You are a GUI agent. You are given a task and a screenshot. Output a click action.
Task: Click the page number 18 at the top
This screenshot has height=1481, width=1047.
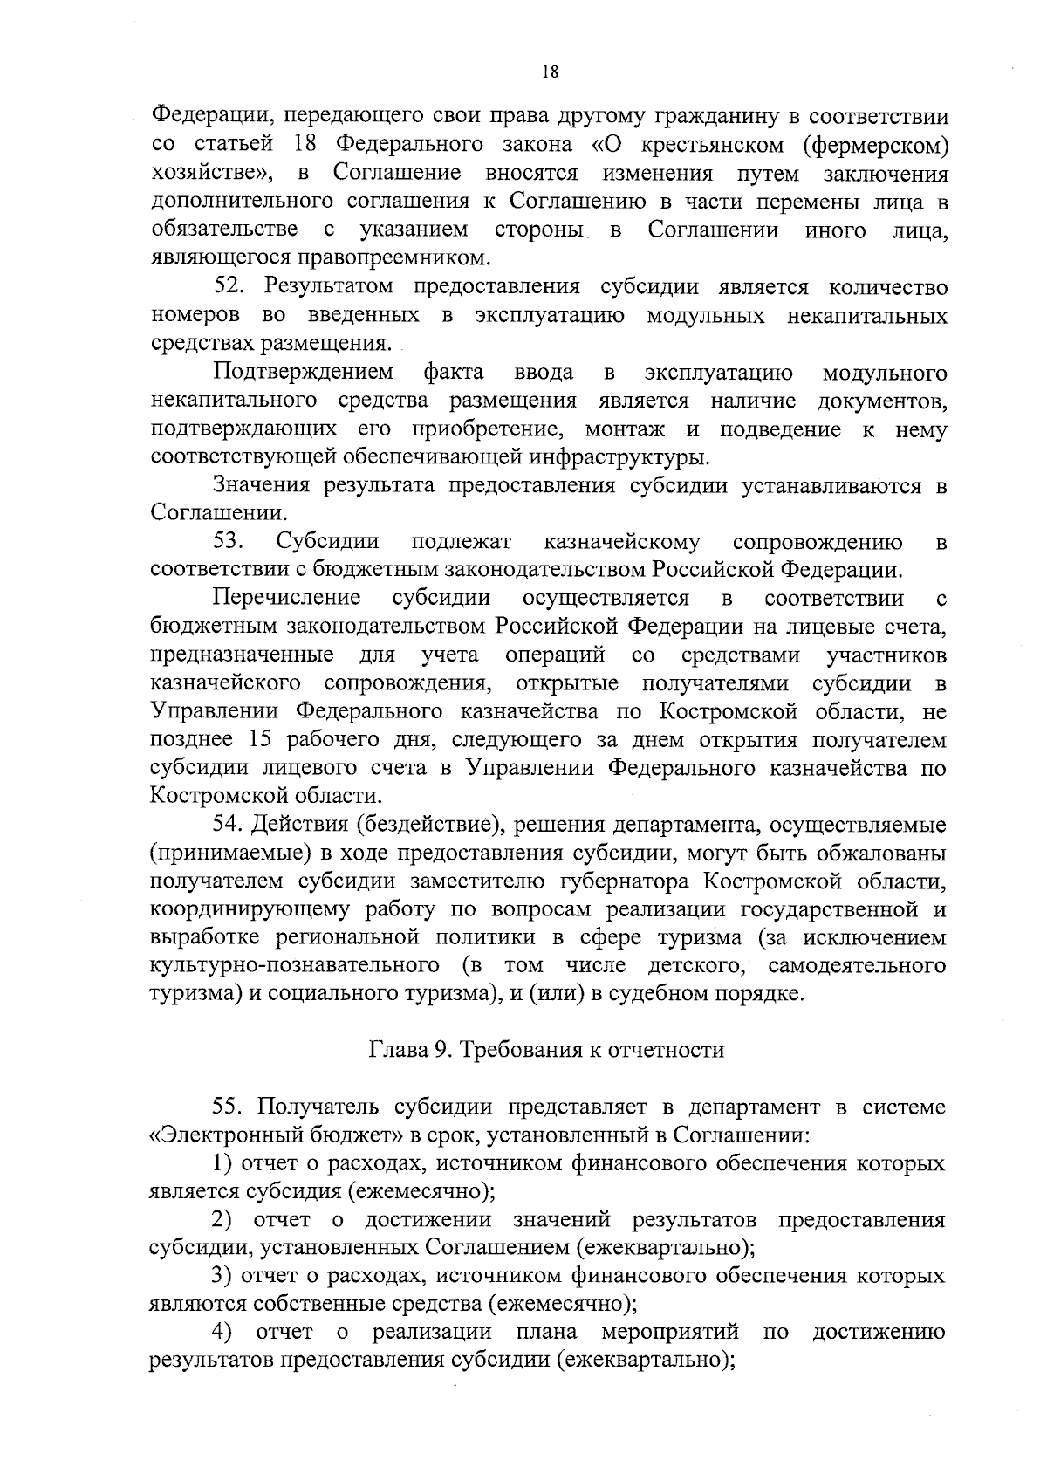pyautogui.click(x=549, y=73)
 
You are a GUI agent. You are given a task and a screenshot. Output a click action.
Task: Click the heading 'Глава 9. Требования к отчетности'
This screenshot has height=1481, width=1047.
pyautogui.click(x=547, y=1049)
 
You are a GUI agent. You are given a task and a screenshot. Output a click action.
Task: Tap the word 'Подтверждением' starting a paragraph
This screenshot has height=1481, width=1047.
pyautogui.click(x=303, y=373)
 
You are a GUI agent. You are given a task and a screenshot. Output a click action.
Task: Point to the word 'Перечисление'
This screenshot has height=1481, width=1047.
pyautogui.click(x=287, y=598)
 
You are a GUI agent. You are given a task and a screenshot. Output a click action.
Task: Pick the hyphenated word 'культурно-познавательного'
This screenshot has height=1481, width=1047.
pyautogui.click(x=294, y=965)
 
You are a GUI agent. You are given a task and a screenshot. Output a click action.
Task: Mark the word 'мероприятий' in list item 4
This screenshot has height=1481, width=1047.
pyautogui.click(x=670, y=1333)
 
